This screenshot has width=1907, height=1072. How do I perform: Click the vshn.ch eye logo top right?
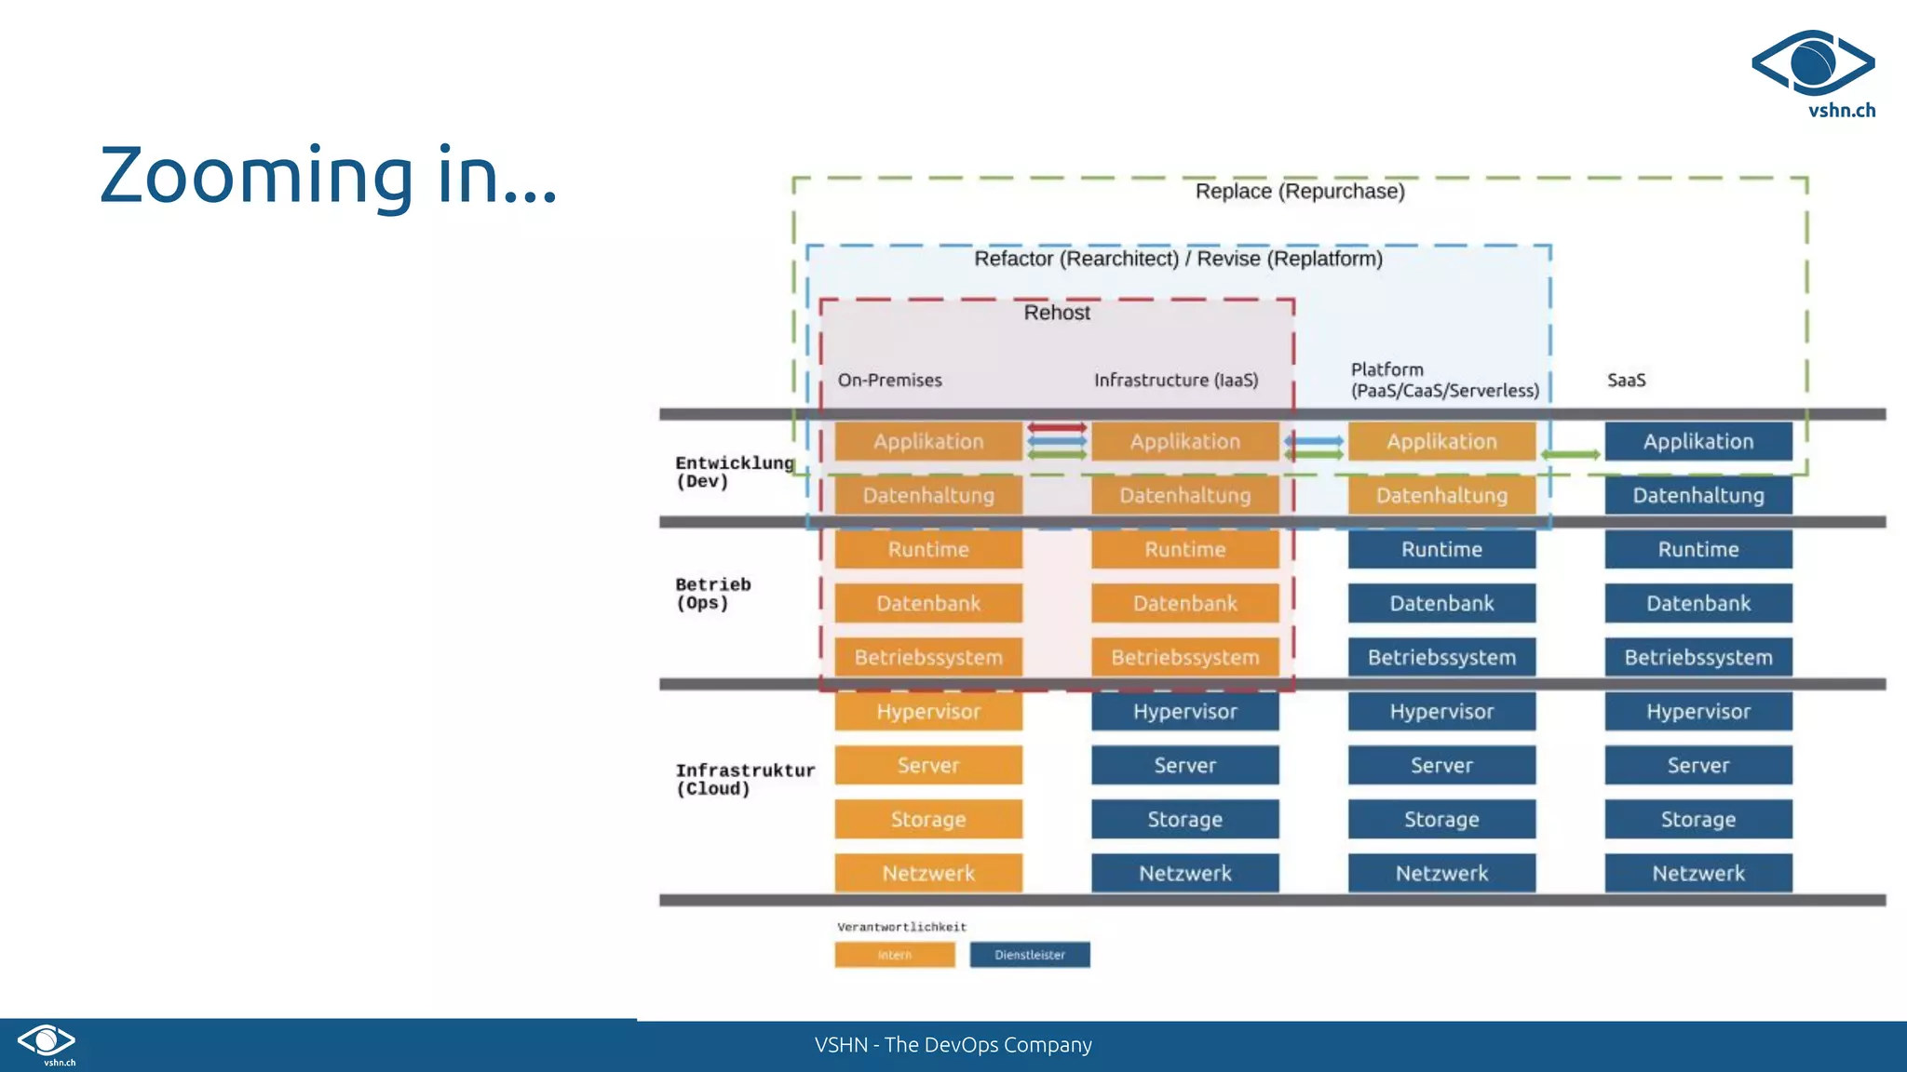coord(1813,63)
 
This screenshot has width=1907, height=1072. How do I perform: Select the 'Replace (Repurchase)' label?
coord(1300,192)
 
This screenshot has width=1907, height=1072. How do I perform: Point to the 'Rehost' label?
coord(1057,313)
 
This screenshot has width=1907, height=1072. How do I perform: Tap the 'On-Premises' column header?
coord(889,380)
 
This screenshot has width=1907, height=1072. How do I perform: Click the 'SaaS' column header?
coord(1626,380)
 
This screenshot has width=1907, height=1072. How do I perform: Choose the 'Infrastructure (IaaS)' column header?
coord(1176,380)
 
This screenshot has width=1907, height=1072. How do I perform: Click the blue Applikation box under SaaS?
coord(1697,441)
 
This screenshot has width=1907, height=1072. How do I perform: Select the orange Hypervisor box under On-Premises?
coord(928,712)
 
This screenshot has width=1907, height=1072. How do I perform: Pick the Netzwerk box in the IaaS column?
coord(1184,873)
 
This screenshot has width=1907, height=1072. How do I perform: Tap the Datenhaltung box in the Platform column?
coord(1441,495)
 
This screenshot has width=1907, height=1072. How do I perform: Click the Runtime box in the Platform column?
coord(1441,549)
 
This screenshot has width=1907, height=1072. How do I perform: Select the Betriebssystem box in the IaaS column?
coord(1184,657)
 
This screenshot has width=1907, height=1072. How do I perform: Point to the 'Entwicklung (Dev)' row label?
coord(734,472)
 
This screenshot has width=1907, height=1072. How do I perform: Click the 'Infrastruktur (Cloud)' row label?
coord(744,779)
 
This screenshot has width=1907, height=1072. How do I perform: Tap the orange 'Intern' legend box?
coord(894,955)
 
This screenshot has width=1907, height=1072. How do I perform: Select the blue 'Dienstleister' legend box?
coord(1029,955)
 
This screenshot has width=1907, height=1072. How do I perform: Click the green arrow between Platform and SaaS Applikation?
coord(1570,455)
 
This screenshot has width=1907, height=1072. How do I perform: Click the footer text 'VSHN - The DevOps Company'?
coord(953,1045)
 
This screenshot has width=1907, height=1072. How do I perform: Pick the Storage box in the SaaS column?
coord(1697,819)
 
